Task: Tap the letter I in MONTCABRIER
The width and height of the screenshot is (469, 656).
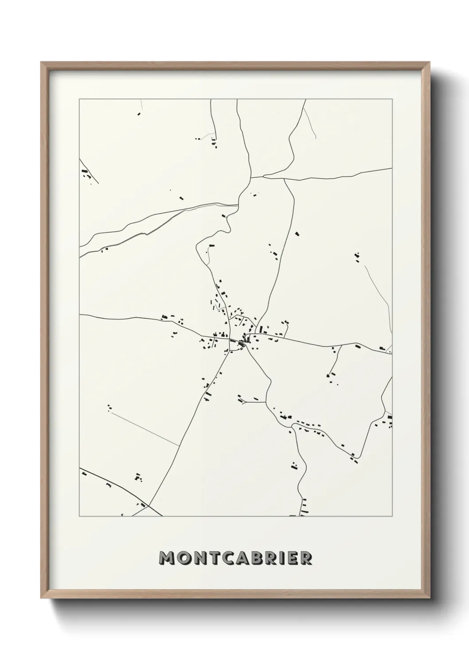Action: (x=284, y=558)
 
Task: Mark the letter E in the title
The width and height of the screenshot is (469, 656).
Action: (x=293, y=558)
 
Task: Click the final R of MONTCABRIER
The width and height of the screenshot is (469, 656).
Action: (x=306, y=558)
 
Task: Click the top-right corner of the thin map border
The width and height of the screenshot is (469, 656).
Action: (x=392, y=99)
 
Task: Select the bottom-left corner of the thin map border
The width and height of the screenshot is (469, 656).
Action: (x=79, y=516)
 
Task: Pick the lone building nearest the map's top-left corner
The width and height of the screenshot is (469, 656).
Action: (x=138, y=114)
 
